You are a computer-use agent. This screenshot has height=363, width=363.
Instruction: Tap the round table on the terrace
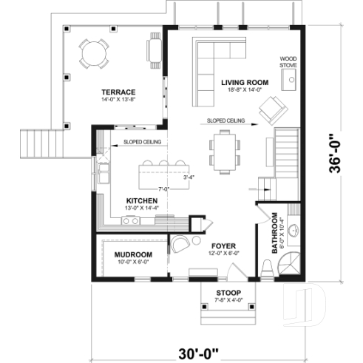coord(93,53)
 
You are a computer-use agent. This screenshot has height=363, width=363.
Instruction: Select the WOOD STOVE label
coord(288,61)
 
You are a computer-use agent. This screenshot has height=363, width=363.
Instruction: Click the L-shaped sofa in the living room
coord(214,59)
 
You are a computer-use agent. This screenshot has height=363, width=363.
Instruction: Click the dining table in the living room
coord(223,148)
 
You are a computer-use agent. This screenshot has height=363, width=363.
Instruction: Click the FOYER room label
coord(224,245)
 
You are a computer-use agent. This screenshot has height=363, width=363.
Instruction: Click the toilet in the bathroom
coord(268,269)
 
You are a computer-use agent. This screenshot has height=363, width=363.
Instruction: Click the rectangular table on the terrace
coord(155,49)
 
